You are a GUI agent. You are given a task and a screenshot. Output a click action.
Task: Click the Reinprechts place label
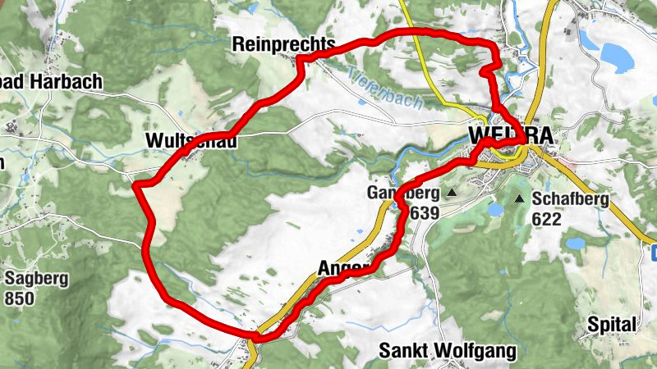coord(283,43)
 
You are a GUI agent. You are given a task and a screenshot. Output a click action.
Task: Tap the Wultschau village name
coord(191,141)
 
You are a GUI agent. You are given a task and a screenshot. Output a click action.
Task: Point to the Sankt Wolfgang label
coord(448,351)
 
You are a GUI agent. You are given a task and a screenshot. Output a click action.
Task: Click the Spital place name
coord(612,325)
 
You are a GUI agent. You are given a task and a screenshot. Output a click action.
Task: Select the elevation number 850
coord(20,297)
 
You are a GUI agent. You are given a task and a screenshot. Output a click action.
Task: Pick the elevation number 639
coord(424,213)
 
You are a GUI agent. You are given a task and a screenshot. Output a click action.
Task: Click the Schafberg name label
coord(571,198)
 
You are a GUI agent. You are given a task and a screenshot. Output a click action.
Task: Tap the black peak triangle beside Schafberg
coord(519,198)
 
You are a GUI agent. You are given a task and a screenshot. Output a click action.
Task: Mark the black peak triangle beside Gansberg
coord(451,194)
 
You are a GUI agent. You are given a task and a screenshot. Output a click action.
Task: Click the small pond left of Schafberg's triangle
coord(495,209)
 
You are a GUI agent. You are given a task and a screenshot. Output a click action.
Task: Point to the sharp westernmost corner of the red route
coord(134,186)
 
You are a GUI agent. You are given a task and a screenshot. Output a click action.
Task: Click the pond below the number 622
coord(573,242)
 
